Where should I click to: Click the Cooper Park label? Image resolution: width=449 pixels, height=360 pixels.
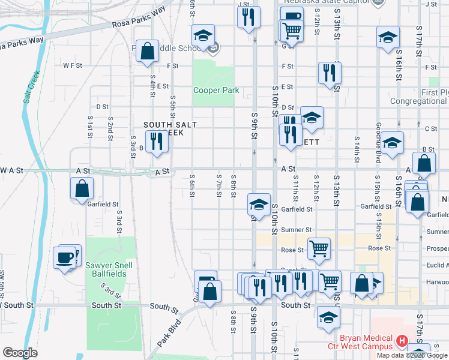coord(215,91)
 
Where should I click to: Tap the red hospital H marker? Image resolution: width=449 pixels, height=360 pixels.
coord(403,342)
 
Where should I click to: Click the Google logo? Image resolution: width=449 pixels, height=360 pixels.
coord(20,353)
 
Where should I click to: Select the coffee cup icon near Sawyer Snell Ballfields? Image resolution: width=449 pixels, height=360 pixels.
coord(65,259)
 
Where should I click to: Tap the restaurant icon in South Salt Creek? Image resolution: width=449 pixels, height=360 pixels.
coord(156,142)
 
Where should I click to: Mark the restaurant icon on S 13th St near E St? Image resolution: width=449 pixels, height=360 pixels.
coord(328,73)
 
